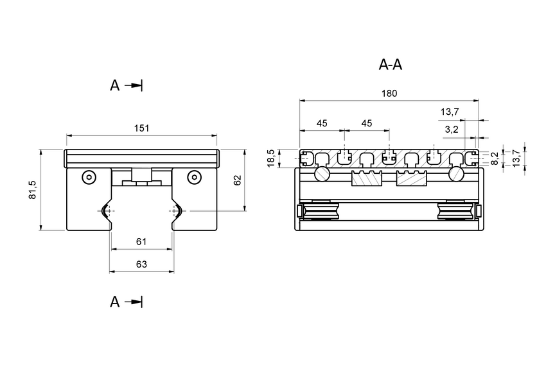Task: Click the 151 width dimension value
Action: [x=141, y=128]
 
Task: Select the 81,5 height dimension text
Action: [x=33, y=191]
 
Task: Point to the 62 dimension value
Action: [x=237, y=180]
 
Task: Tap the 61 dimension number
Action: [x=141, y=241]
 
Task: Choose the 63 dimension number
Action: [x=141, y=263]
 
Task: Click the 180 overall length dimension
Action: [x=389, y=93]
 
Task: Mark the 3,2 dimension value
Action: [x=452, y=130]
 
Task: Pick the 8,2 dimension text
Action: [x=495, y=158]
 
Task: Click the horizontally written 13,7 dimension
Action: [x=450, y=112]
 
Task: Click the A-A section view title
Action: [x=391, y=65]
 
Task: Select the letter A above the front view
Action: [x=114, y=86]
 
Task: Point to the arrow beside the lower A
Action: [x=134, y=302]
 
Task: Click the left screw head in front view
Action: [x=88, y=177]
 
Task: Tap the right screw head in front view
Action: [x=194, y=177]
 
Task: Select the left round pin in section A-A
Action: [x=321, y=174]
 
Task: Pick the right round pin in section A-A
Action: [x=457, y=174]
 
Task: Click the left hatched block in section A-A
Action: [x=367, y=179]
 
